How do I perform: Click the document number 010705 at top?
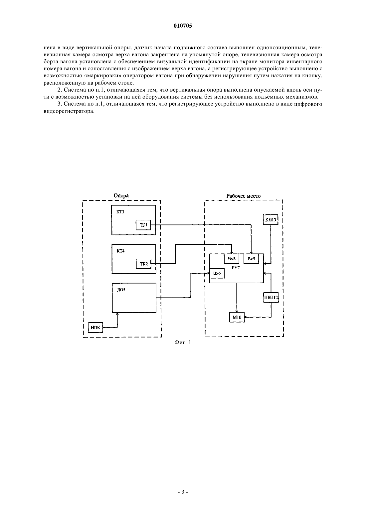click(183, 26)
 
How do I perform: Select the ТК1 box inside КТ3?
click(143, 225)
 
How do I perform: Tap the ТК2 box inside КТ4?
click(143, 264)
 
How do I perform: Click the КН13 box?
click(271, 220)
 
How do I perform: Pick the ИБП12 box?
click(271, 297)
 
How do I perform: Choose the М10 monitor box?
click(237, 317)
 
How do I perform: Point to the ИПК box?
click(95, 328)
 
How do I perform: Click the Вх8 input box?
click(232, 259)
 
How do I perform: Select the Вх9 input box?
click(251, 259)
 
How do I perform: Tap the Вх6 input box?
click(217, 273)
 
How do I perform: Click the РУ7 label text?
click(236, 268)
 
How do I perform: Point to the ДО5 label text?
click(121, 290)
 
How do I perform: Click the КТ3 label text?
click(120, 212)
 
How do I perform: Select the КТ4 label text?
click(120, 251)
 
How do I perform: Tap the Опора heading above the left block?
click(121, 196)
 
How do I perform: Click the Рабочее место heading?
click(243, 196)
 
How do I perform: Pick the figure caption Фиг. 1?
click(183, 343)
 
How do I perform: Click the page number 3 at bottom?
click(183, 492)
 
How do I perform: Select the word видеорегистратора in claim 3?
click(69, 111)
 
